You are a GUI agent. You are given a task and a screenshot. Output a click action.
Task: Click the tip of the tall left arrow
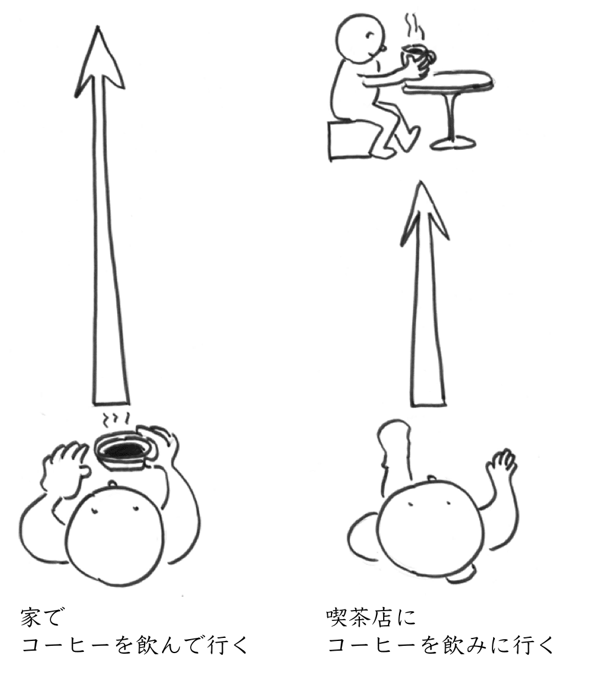pyautogui.click(x=98, y=27)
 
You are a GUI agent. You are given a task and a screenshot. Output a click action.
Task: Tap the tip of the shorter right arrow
pyautogui.click(x=420, y=183)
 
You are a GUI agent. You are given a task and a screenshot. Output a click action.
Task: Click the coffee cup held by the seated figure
pyautogui.click(x=418, y=56)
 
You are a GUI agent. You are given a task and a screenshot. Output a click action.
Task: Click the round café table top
pyautogui.click(x=449, y=81)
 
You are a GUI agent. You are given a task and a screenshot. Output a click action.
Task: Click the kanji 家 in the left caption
pyautogui.click(x=32, y=618)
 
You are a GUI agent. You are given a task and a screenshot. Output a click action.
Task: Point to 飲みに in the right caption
pyautogui.click(x=472, y=645)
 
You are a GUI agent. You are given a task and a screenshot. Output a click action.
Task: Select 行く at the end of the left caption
pyautogui.click(x=226, y=645)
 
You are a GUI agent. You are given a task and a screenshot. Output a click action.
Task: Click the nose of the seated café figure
pyautogui.click(x=383, y=47)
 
